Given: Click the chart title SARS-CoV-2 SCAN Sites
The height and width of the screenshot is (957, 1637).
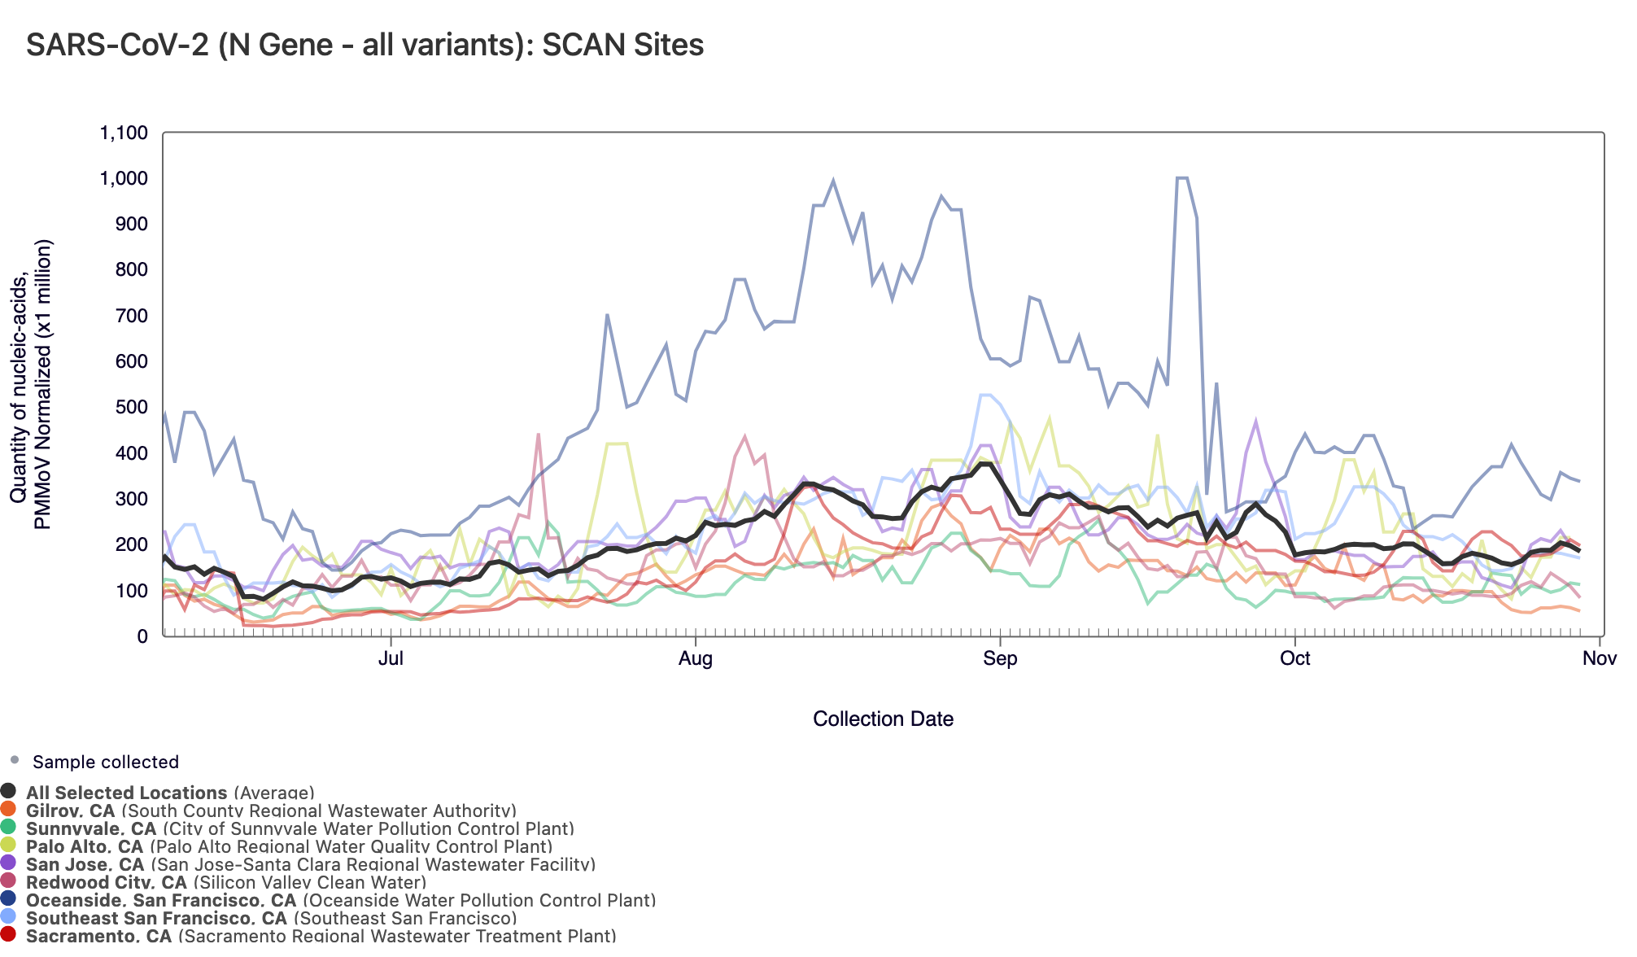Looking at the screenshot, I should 365,45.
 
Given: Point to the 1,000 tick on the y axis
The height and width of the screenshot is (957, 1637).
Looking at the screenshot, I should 124,179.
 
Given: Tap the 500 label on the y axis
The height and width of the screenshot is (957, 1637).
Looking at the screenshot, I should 131,408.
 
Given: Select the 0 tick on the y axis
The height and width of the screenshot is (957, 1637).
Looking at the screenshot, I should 142,636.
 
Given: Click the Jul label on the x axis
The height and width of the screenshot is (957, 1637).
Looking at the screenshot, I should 391,658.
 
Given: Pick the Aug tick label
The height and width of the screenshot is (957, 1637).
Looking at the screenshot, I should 696,658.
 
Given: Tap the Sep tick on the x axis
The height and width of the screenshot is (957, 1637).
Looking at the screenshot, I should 1000,658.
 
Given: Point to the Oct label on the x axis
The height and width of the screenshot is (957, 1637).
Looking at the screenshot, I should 1294,658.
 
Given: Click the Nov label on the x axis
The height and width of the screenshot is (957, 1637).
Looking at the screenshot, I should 1600,658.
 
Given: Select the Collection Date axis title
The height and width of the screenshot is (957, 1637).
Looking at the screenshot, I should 883,719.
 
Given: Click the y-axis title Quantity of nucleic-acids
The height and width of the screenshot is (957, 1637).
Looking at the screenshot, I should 31,384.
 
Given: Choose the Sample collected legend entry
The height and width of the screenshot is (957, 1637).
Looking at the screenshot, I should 105,763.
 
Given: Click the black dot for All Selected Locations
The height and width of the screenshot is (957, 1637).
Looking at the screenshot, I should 9,791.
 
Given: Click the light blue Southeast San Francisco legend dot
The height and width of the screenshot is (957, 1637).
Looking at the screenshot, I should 9,916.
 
